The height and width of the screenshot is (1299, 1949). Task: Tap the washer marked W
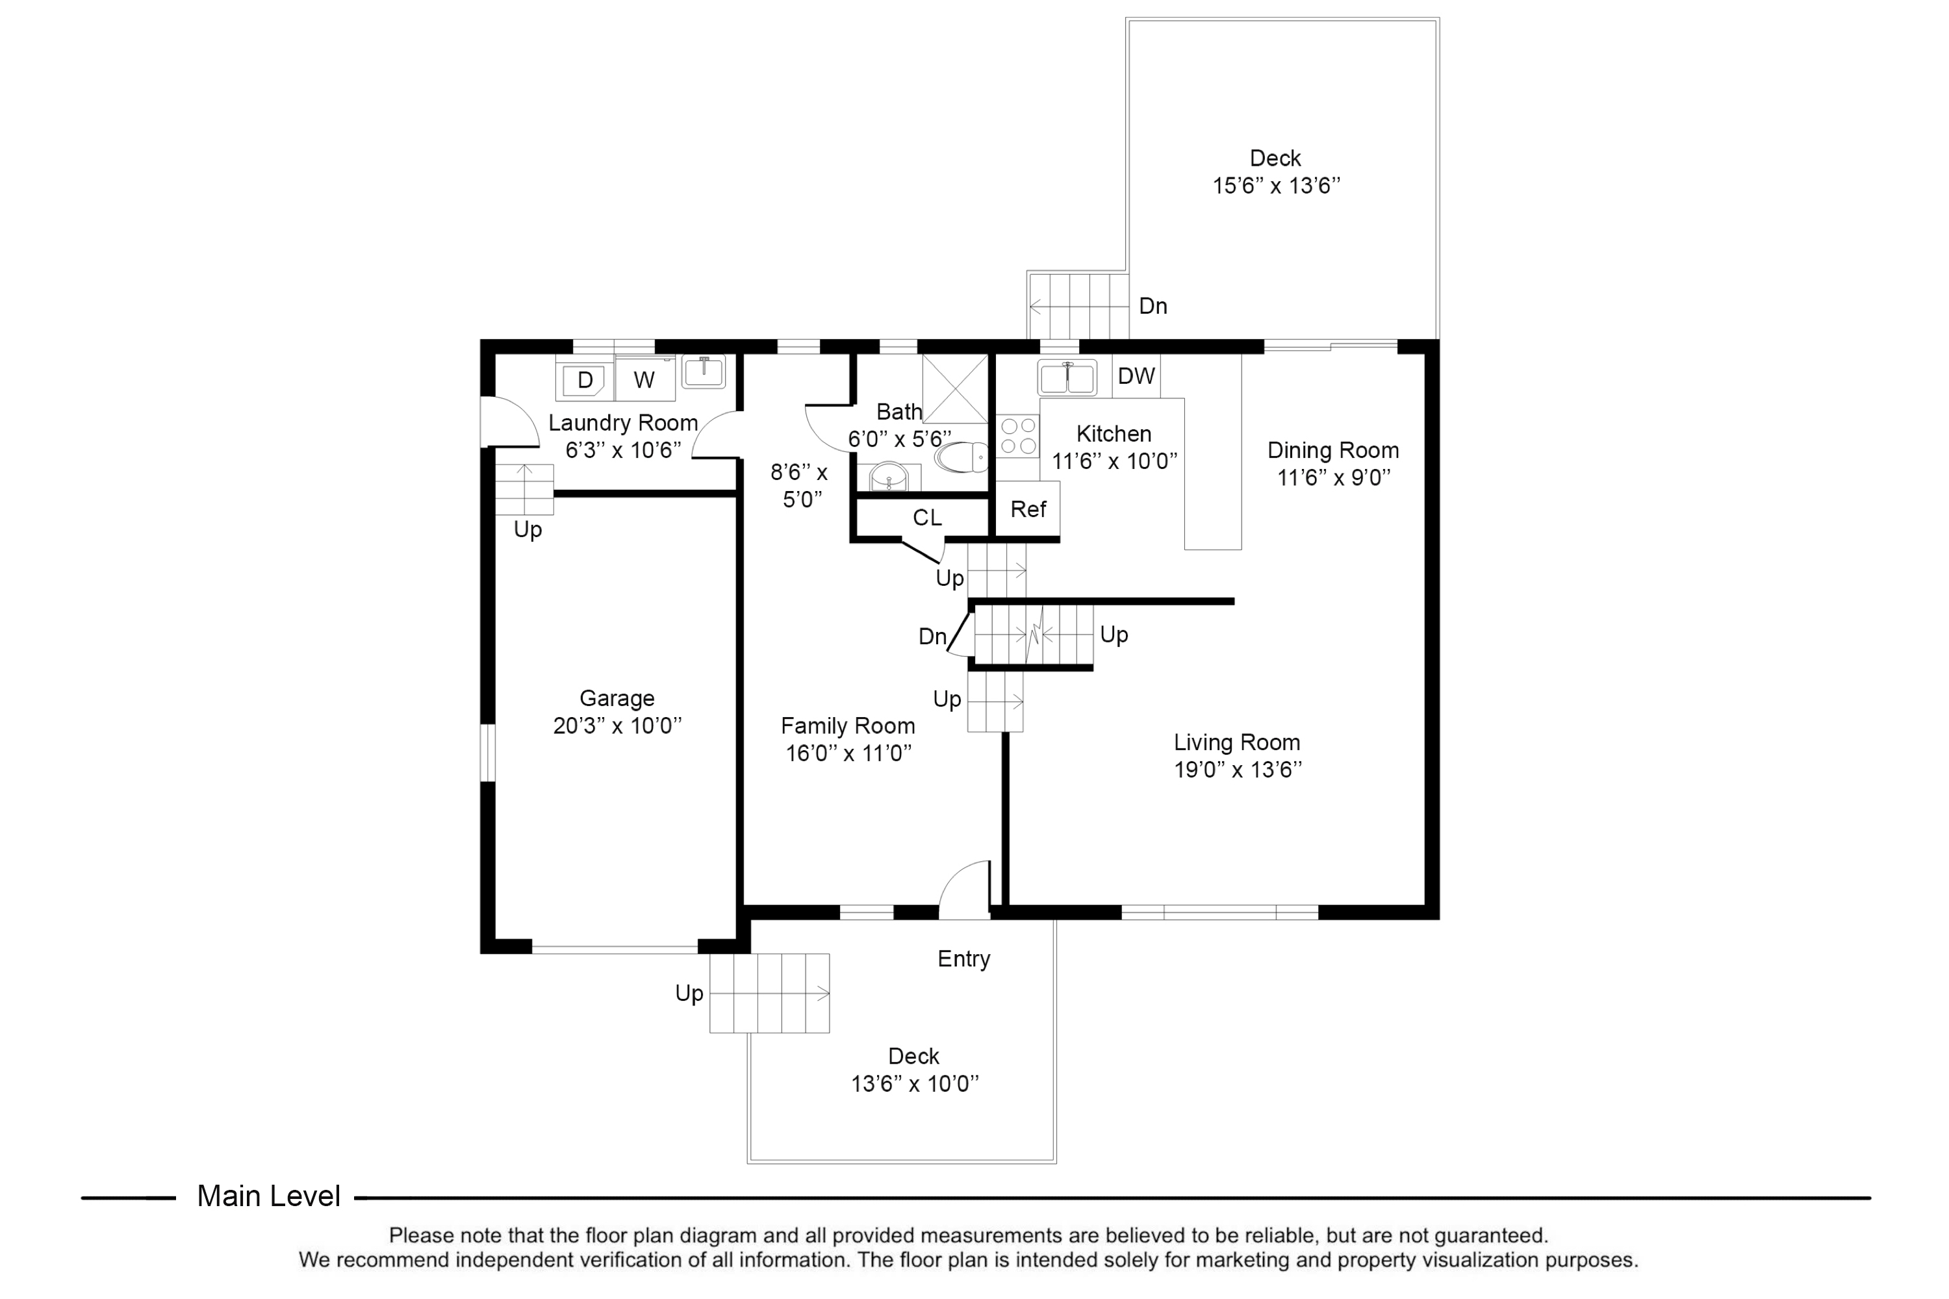(644, 380)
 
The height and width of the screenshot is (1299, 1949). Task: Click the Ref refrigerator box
(1028, 509)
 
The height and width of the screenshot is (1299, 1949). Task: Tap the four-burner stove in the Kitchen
(1017, 436)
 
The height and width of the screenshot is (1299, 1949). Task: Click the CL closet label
(926, 518)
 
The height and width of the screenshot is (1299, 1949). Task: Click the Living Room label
(1236, 743)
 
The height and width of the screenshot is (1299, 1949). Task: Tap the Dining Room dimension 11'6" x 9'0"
(1333, 478)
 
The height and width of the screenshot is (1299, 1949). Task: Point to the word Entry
(963, 959)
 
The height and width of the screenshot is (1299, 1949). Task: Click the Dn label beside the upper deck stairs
(1153, 307)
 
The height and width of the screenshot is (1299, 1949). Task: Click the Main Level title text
(268, 1196)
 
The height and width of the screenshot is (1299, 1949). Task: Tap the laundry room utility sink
(704, 371)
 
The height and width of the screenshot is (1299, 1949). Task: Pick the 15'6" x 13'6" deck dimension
(1276, 186)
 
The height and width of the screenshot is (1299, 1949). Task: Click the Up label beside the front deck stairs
(689, 993)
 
